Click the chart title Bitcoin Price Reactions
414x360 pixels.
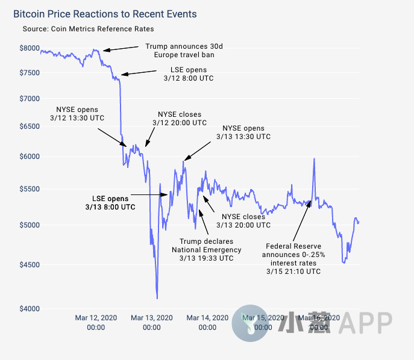point(105,13)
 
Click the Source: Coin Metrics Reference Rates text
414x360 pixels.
point(88,29)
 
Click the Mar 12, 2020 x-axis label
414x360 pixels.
point(96,322)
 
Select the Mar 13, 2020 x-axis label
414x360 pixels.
point(151,322)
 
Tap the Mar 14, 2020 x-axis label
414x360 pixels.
point(207,322)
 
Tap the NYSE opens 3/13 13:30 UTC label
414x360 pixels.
point(243,132)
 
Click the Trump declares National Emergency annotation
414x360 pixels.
point(206,249)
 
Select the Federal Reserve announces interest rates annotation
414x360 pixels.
point(295,258)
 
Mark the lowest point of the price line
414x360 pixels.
point(157,298)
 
